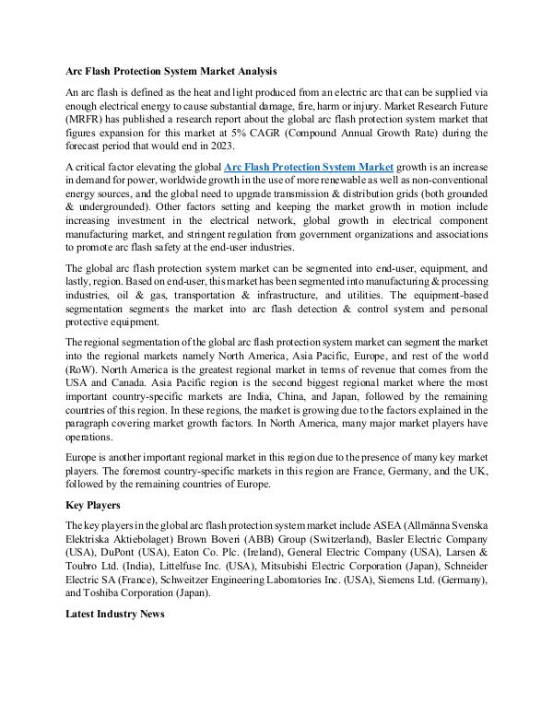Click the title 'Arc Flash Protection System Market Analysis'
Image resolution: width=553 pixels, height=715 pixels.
click(x=171, y=71)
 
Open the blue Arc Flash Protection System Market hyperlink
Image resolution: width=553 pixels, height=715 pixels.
click(x=309, y=166)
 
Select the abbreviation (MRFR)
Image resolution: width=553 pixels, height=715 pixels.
click(x=89, y=119)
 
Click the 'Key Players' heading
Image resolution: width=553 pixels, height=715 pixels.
click(x=93, y=506)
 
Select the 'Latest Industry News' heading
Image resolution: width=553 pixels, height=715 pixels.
click(x=114, y=615)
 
